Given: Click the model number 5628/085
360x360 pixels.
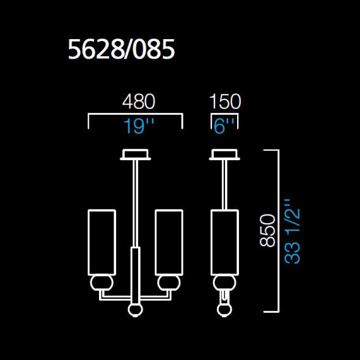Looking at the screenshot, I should click(x=122, y=51).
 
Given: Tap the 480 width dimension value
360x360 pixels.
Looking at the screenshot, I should click(x=138, y=101).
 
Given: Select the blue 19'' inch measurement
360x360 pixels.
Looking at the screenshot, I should click(x=138, y=127).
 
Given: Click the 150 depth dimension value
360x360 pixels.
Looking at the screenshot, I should click(x=225, y=101).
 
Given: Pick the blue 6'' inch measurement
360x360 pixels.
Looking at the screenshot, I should click(x=224, y=127).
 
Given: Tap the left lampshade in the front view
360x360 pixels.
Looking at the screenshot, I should click(x=101, y=242).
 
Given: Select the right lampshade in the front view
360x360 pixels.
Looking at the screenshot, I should click(x=169, y=242).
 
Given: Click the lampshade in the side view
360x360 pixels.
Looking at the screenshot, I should click(x=225, y=242).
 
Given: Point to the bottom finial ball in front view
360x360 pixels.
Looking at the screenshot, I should click(x=134, y=310).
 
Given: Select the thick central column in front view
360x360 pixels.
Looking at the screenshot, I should click(x=134, y=275).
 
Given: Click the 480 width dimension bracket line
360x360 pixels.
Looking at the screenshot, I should click(x=136, y=114).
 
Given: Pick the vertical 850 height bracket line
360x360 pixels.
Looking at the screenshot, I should click(x=278, y=230).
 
